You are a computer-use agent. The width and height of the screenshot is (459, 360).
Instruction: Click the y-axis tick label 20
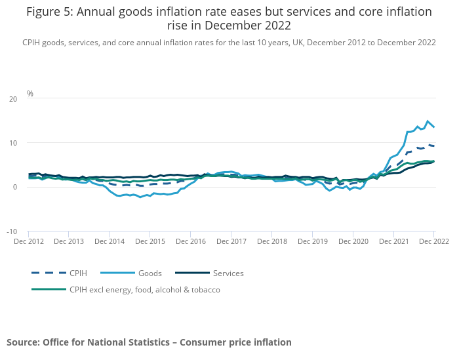point(13,99)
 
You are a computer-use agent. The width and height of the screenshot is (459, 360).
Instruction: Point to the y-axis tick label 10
point(13,143)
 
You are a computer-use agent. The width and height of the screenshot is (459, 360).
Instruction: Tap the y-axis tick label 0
point(15,187)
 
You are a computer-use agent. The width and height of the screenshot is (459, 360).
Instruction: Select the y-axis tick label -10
point(12,231)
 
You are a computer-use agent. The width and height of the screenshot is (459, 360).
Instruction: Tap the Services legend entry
point(228,273)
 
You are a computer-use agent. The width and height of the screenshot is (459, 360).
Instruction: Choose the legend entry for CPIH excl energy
point(144,289)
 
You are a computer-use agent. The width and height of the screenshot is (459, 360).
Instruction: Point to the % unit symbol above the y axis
point(30,94)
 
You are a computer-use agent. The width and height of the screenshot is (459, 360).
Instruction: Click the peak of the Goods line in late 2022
point(428,121)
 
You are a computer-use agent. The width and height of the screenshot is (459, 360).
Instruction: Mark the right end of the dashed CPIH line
point(433,146)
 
